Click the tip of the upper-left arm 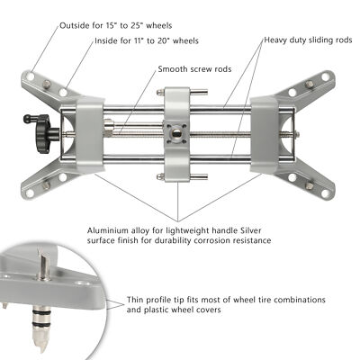click(36, 76)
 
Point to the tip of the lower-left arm click(36, 191)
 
